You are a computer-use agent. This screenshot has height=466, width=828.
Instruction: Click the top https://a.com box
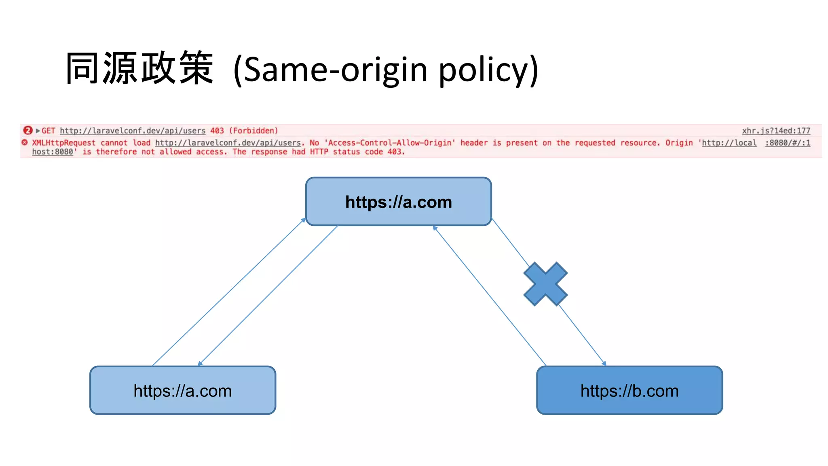click(x=398, y=201)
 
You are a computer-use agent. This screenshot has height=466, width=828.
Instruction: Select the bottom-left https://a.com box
click(x=183, y=390)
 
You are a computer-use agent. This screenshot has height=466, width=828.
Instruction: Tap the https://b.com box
click(x=629, y=390)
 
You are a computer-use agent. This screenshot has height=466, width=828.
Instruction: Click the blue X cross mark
click(x=545, y=284)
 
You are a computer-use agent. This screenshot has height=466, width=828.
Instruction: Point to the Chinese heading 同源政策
click(x=139, y=68)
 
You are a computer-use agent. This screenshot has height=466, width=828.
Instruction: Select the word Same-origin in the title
click(x=336, y=70)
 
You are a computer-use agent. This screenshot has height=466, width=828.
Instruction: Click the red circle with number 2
click(x=27, y=130)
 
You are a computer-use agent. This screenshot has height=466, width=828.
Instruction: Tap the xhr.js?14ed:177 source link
click(x=776, y=131)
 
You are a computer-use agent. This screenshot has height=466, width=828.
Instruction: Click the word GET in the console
click(x=48, y=131)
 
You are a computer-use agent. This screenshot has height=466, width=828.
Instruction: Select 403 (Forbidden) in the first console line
click(x=244, y=131)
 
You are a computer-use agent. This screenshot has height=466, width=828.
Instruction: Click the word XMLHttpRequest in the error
click(x=64, y=143)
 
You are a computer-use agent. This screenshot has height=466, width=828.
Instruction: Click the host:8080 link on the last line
click(x=53, y=152)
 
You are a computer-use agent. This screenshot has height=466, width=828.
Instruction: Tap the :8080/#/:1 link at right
click(x=788, y=143)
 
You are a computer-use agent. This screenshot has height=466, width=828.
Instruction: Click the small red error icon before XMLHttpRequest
click(x=25, y=142)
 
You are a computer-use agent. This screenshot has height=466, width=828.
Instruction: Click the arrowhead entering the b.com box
click(x=604, y=363)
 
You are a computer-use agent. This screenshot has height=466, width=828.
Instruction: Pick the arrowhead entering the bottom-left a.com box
click(x=200, y=363)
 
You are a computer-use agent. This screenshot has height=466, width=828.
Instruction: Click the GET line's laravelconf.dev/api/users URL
click(x=133, y=131)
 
